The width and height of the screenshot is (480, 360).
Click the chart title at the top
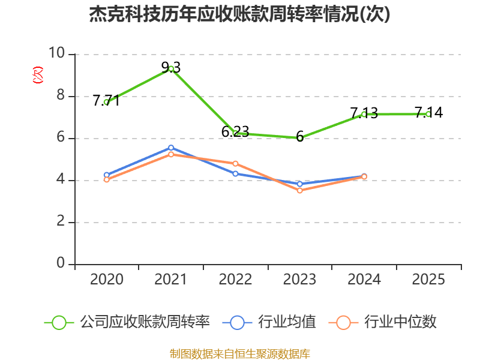coord(239,14)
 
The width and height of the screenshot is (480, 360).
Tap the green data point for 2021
coord(171,69)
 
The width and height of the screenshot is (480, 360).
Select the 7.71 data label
coord(106,100)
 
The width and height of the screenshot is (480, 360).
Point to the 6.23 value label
coord(235,131)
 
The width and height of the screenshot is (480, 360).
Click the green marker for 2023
coord(300,138)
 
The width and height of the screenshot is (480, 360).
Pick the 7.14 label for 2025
coord(428,112)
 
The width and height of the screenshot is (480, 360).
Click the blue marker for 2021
coord(171,148)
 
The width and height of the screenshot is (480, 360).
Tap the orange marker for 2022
coord(235,164)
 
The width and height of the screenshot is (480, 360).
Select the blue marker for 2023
coord(300,184)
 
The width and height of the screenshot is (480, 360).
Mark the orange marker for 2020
coord(107,179)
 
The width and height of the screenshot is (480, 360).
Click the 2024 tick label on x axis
coord(364,280)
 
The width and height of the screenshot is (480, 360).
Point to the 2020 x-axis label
coord(107,280)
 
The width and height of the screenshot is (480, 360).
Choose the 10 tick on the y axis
coord(56,53)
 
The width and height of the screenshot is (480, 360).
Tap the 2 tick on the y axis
coord(61,221)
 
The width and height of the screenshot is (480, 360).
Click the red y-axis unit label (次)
coord(38,75)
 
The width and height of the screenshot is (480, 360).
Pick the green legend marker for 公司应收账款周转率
coord(59,323)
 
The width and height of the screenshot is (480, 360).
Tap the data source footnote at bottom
coord(240,354)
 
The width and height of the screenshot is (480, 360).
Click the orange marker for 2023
coord(300,190)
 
